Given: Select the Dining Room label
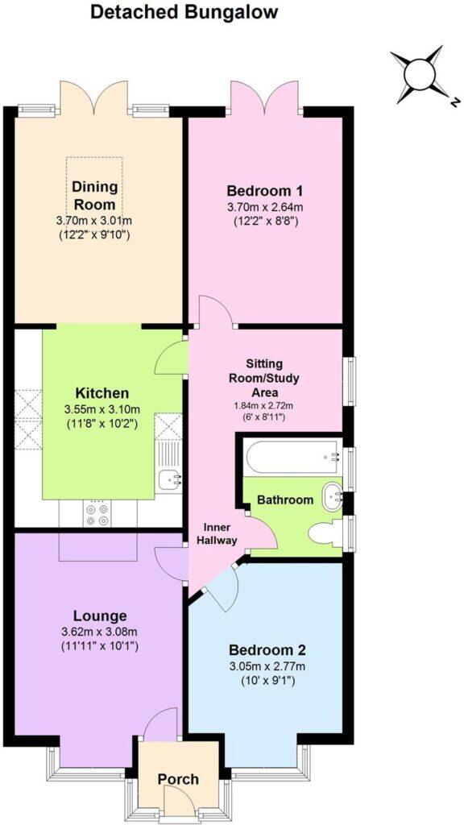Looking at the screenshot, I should [95, 195].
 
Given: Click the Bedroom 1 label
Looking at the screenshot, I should [264, 191].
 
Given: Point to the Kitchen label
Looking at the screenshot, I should [101, 393].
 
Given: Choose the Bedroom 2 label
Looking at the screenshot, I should [267, 649].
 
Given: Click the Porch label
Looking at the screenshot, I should [177, 779].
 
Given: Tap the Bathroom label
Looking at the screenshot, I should [285, 500].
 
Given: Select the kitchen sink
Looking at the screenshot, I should [170, 479].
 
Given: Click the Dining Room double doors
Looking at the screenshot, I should [95, 98].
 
